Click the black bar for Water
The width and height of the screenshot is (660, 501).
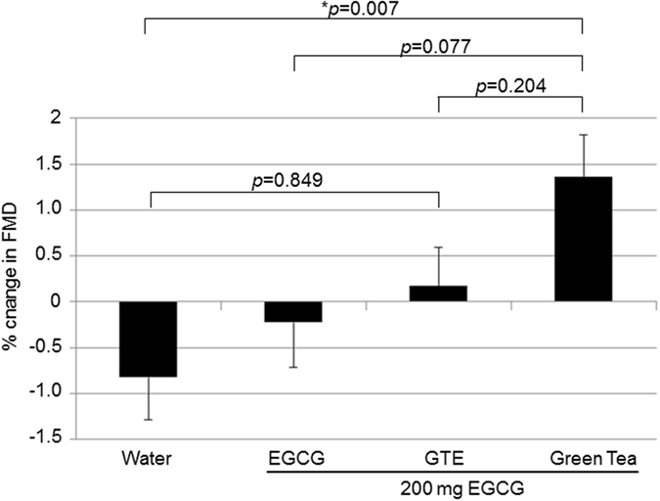150,339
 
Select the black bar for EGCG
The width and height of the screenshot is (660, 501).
294,311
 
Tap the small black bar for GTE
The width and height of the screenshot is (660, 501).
439,294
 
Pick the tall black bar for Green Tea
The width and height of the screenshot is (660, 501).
583,239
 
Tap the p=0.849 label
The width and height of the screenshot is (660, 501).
294,181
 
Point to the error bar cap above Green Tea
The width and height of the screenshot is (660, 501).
583,135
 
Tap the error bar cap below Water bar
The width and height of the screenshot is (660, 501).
150,420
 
